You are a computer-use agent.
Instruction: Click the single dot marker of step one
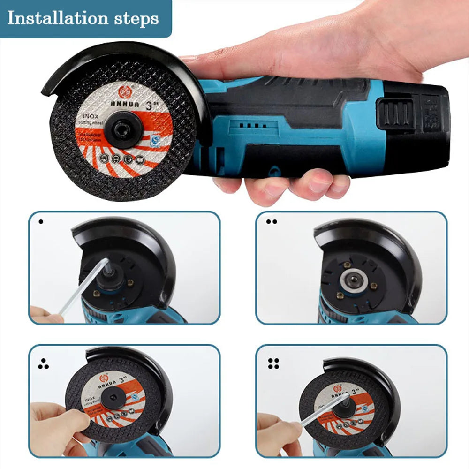pyautogui.click(x=41, y=221)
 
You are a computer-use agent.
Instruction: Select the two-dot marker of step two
pyautogui.click(x=271, y=221)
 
